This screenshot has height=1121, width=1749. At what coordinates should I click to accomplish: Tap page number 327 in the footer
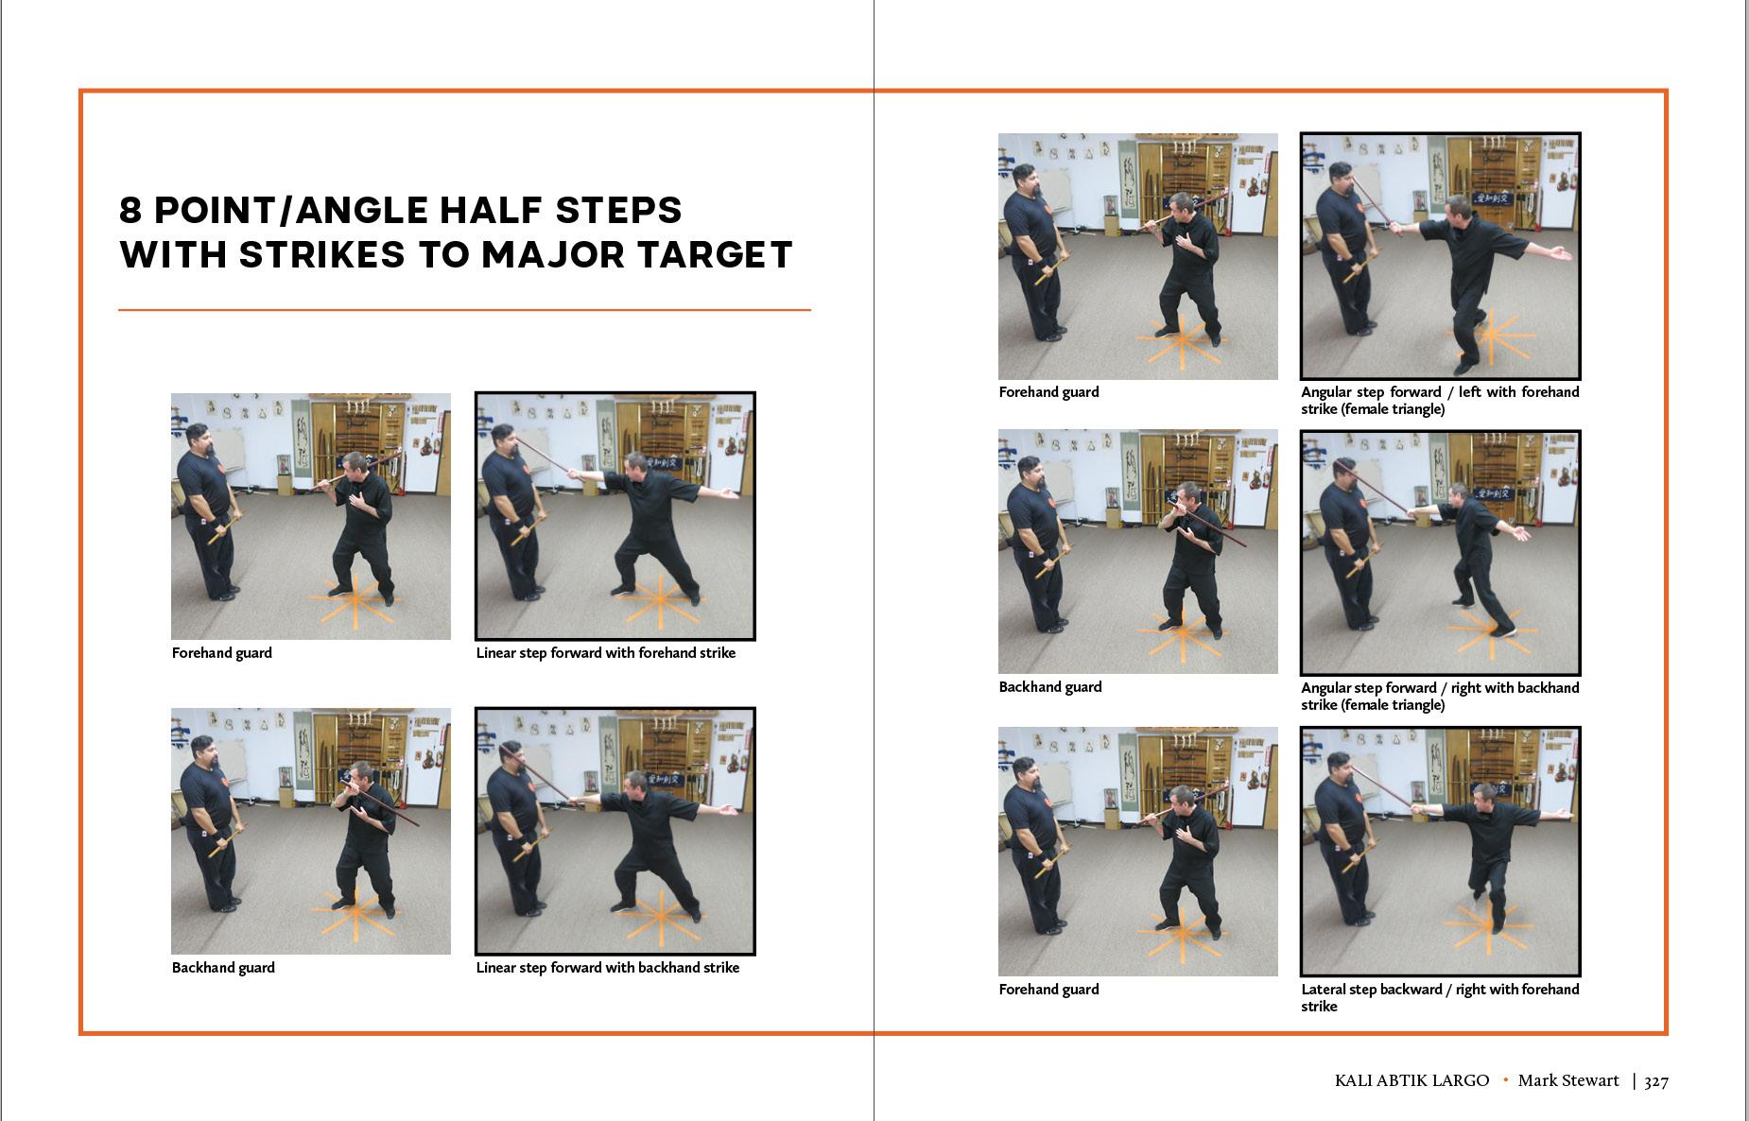coord(1656,1081)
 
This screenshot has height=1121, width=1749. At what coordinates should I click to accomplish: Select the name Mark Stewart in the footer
coord(1568,1080)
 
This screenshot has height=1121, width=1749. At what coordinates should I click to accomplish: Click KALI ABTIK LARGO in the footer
coord(1411,1080)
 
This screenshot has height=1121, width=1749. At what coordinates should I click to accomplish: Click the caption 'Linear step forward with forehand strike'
coord(606,653)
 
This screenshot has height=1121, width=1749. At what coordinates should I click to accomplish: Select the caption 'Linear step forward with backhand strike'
coord(608,968)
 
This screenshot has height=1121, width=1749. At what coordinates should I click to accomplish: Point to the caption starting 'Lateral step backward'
coord(1440,997)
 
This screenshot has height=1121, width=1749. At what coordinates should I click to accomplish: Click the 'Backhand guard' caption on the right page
coord(1050,687)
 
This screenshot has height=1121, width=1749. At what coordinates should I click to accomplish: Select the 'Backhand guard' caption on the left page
coord(223,968)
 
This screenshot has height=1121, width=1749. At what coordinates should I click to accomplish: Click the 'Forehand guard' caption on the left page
coord(222,653)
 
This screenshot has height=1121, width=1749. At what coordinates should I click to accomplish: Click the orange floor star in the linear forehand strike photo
coord(661,601)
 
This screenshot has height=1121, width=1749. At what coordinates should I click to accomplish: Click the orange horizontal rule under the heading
coord(464,310)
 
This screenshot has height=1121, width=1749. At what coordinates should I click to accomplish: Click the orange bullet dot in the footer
coord(1505,1079)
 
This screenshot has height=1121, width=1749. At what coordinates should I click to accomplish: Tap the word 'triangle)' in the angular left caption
coord(1413,409)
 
